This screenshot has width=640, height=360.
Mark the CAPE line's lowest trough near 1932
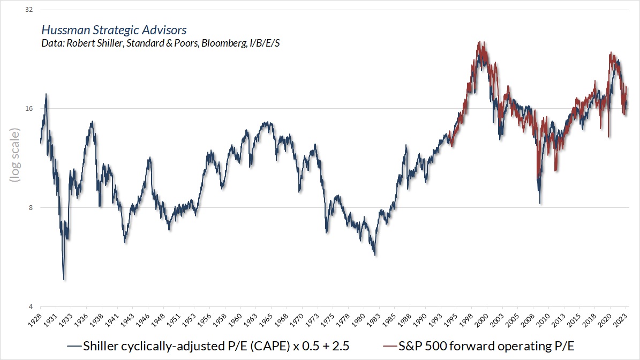[64, 279]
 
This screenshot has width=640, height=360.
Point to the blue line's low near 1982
[375, 255]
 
